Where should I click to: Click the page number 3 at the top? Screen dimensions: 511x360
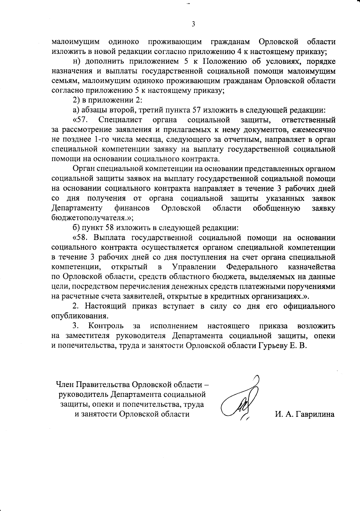tap(193, 24)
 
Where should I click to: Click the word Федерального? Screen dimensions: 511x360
tap(251, 267)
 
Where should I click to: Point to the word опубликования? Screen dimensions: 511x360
tap(79, 316)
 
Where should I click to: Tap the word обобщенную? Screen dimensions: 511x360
tap(277, 208)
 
